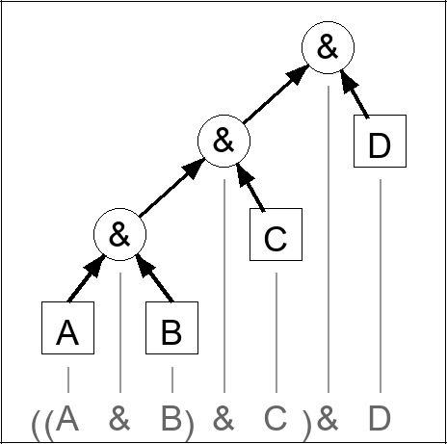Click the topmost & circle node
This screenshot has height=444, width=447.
point(328,49)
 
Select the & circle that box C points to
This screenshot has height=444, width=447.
point(223,141)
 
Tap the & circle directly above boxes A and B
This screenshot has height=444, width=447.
point(119,234)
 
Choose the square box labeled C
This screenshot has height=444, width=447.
point(276,235)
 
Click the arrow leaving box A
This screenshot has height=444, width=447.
point(85,280)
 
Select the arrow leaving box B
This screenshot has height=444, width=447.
point(152,280)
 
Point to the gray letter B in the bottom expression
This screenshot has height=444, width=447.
point(171,419)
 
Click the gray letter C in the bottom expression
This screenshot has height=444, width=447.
point(276,419)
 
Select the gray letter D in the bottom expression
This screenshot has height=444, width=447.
point(380,419)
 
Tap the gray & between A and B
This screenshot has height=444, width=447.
point(119,419)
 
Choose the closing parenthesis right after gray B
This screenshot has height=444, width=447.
point(191,421)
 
